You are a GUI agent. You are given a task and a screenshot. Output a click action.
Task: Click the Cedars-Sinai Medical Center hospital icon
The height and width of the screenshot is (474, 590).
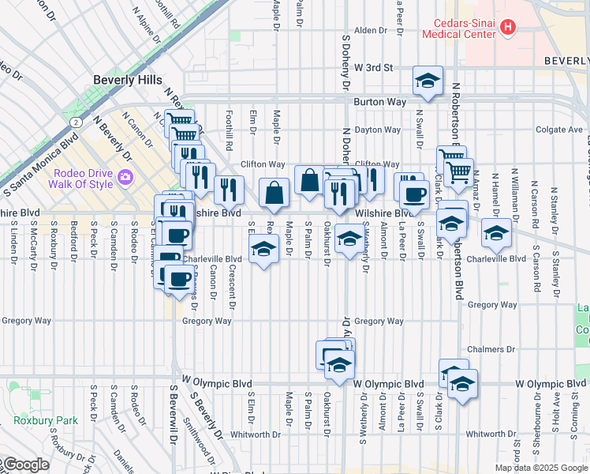click(507, 28)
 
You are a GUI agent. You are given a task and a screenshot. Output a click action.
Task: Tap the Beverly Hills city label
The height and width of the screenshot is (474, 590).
click(127, 80)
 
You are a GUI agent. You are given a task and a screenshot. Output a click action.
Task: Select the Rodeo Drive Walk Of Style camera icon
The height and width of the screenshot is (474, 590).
click(125, 175)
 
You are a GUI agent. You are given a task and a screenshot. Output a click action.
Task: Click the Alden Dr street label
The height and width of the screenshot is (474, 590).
click(371, 31)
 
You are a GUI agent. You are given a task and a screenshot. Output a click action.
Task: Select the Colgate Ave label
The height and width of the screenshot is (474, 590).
click(558, 130)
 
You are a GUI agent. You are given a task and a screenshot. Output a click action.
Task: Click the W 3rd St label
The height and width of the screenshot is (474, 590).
click(373, 68)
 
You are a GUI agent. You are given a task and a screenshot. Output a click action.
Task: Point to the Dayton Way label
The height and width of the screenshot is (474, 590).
click(373, 130)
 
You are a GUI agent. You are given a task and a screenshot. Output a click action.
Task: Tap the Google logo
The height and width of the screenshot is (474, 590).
click(26, 465)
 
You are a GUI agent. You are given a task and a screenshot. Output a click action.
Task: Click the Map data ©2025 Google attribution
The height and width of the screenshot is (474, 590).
click(540, 468)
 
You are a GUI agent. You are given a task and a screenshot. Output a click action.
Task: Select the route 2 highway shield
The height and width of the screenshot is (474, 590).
click(74, 122)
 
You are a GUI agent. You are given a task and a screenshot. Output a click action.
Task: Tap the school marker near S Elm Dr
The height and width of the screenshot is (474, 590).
click(263, 251)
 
